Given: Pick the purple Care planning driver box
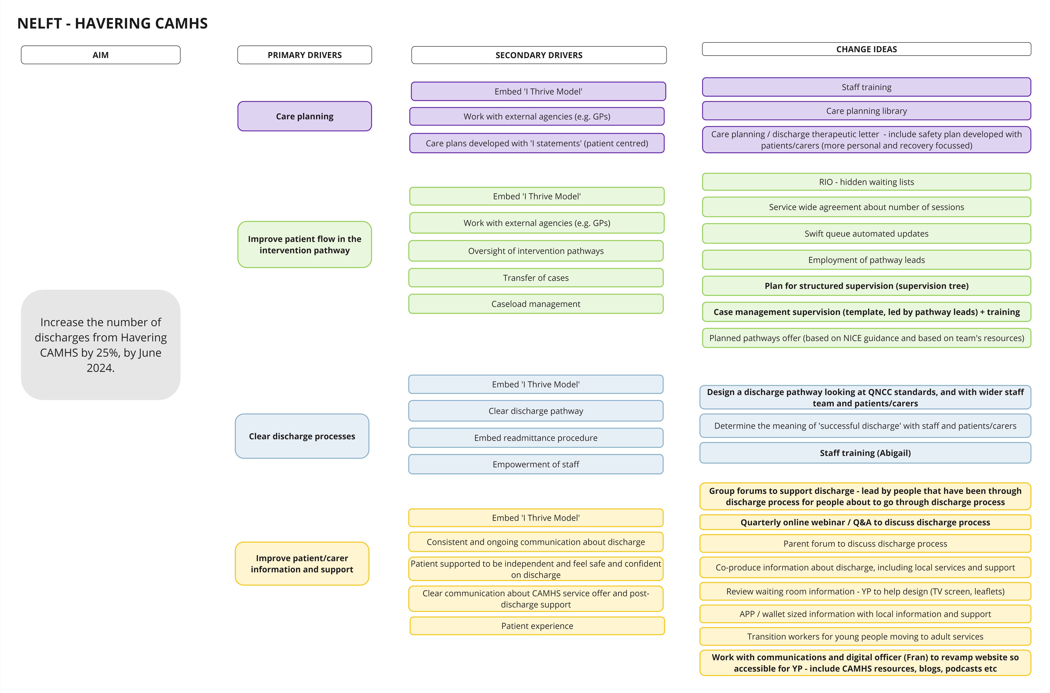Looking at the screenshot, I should pos(304,116).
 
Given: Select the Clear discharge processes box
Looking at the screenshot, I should pos(302,436).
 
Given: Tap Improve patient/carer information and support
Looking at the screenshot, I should pos(302,564).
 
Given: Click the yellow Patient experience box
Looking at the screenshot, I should pos(537,626).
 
